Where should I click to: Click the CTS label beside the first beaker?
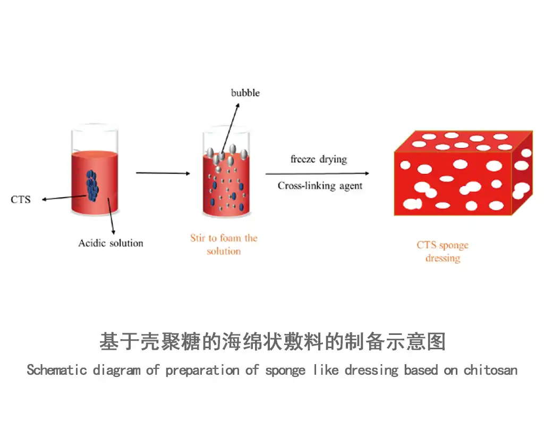(x=21, y=199)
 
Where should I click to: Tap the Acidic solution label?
(x=110, y=243)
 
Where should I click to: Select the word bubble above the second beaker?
(x=245, y=92)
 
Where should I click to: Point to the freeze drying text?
(x=319, y=159)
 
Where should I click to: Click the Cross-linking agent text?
(x=320, y=186)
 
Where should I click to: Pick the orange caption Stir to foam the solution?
(x=224, y=245)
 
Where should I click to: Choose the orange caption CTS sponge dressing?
(x=443, y=251)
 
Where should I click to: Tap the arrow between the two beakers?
(x=163, y=173)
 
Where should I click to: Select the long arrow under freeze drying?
(x=318, y=173)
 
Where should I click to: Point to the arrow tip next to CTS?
(x=42, y=199)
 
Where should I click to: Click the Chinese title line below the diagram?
(x=273, y=341)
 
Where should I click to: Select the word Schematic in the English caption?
(x=56, y=370)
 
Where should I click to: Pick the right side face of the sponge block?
(x=522, y=173)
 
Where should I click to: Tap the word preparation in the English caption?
(x=202, y=371)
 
